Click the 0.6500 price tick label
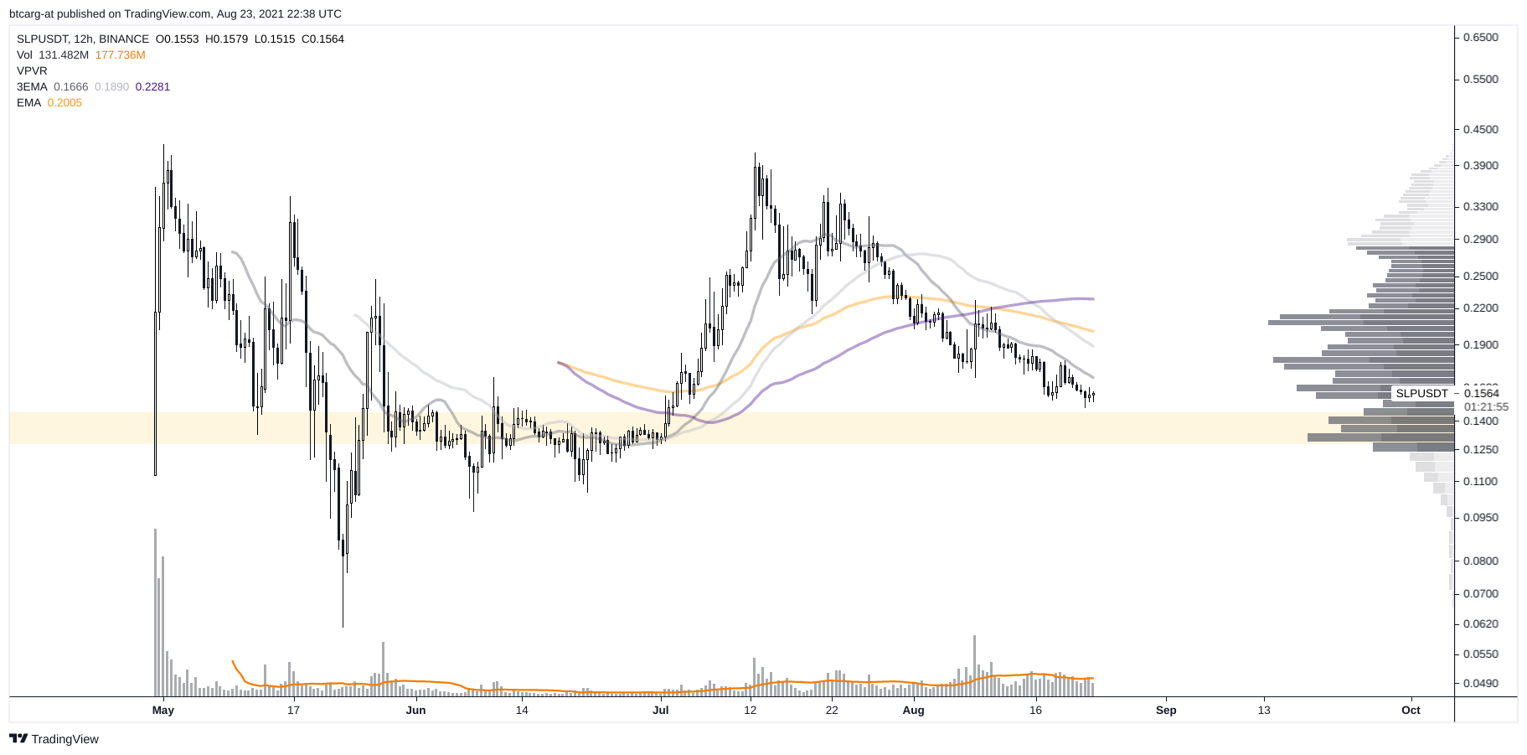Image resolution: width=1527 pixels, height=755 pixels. (x=1480, y=37)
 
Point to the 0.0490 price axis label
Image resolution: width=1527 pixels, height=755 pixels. (x=1480, y=683)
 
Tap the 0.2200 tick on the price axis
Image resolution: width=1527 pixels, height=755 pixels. (x=1480, y=308)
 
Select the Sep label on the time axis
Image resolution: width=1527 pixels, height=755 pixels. (x=1166, y=710)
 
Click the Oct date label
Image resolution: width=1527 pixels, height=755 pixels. (x=1411, y=710)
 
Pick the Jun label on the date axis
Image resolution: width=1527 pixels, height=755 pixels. (x=415, y=710)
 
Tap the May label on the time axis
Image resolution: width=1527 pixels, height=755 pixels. (x=163, y=710)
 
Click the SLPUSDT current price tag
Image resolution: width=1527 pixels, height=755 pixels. (x=1421, y=393)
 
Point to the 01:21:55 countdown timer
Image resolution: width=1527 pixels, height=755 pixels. (x=1486, y=406)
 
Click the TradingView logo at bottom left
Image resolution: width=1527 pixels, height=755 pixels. (x=54, y=739)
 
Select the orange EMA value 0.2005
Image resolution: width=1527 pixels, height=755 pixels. (x=64, y=102)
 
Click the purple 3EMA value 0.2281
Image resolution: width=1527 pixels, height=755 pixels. (x=152, y=86)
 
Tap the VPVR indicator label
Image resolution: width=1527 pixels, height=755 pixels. (x=32, y=70)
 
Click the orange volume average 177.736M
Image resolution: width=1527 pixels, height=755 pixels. (x=120, y=54)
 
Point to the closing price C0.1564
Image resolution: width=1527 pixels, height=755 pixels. (x=322, y=39)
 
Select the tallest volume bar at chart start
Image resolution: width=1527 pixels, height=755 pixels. (x=155, y=612)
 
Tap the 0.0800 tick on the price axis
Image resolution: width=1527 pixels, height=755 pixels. (x=1480, y=561)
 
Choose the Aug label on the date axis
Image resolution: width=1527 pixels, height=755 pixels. (x=913, y=710)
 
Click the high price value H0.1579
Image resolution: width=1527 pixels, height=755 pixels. (x=226, y=39)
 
